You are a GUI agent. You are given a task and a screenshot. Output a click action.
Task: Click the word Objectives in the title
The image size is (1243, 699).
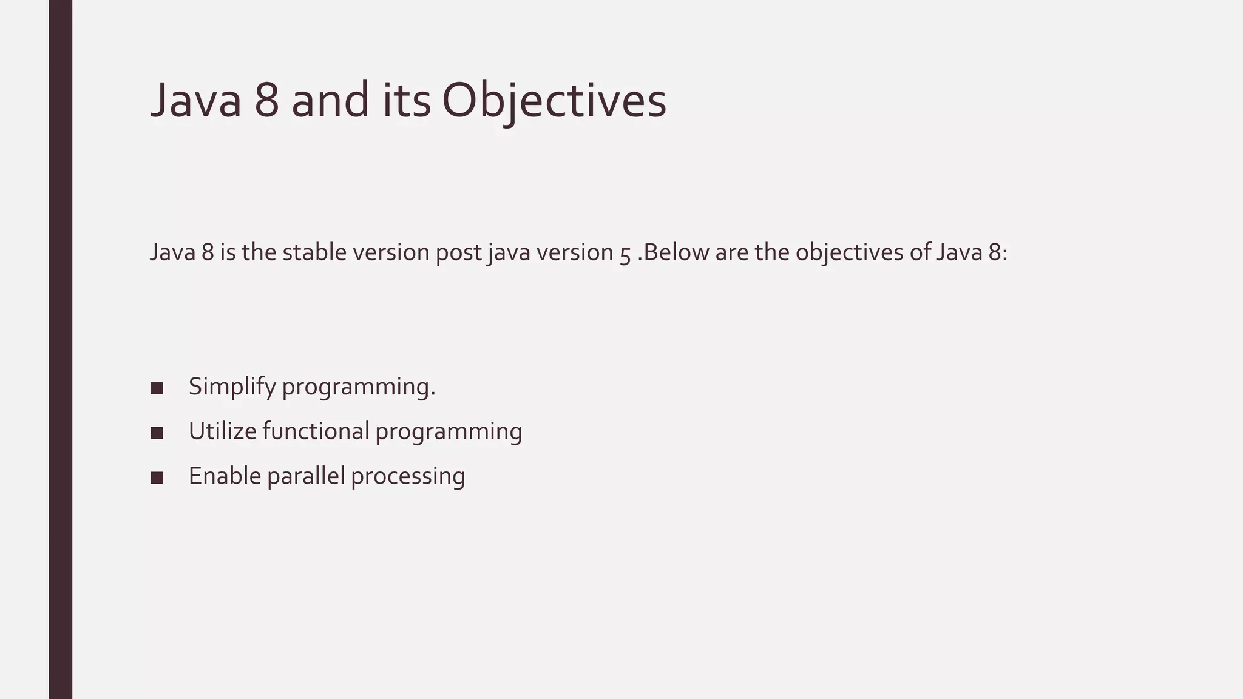tap(554, 101)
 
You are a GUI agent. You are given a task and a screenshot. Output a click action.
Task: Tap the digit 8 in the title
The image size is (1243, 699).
tap(266, 101)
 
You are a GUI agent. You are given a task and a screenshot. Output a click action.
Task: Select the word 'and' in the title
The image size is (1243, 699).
tap(330, 101)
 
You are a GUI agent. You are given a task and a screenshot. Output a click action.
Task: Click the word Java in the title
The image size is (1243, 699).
tap(195, 101)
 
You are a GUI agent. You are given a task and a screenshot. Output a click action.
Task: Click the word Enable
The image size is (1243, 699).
tap(224, 476)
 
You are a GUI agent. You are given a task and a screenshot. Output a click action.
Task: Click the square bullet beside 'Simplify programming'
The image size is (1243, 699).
tap(157, 388)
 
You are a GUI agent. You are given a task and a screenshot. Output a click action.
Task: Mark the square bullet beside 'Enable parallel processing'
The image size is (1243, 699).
tap(157, 478)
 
